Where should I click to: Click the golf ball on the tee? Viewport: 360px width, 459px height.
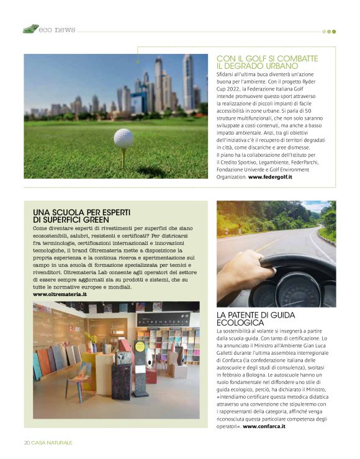[x=124, y=138]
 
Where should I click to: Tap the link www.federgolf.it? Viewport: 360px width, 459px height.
[x=270, y=177]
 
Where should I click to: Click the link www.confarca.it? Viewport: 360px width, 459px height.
[x=268, y=427]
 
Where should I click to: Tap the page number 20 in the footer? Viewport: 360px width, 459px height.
[x=27, y=442]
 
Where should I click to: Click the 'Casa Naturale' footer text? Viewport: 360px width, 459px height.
[x=53, y=442]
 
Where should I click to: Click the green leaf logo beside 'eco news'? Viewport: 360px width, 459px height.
[x=30, y=29]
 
